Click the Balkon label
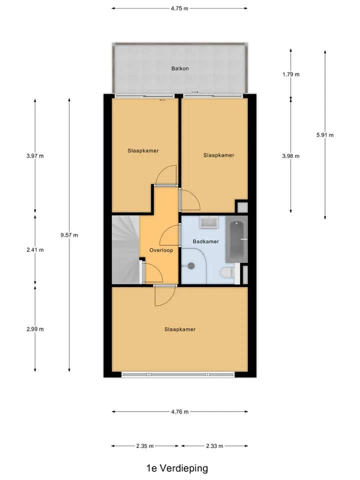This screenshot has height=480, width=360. pos(180,68)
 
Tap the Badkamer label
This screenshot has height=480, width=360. pos(205,241)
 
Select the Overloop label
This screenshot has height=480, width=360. pos(161,250)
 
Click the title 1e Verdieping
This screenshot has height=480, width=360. pos(177,468)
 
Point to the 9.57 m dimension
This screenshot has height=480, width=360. pos(69,235)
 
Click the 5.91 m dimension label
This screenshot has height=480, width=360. pos(325,135)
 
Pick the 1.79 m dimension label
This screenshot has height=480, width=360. pos(291,74)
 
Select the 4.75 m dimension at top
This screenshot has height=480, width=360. pos(179,8)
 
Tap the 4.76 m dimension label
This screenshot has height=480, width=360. pos(179,411)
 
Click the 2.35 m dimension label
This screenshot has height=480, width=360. pos(145,446)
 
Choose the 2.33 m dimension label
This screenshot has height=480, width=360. pos(214,446)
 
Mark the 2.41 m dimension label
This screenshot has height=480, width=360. pos(35,250)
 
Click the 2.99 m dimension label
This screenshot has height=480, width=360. pos(35,329)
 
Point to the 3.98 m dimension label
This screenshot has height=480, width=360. pos(291,156)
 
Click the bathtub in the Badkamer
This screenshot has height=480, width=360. pos(236,239)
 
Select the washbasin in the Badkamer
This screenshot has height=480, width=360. pos(209,222)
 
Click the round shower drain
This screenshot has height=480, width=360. pos(191,265)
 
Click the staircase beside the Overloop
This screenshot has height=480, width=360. pos(126,249)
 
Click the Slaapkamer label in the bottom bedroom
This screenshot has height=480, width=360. pos(179,329)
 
